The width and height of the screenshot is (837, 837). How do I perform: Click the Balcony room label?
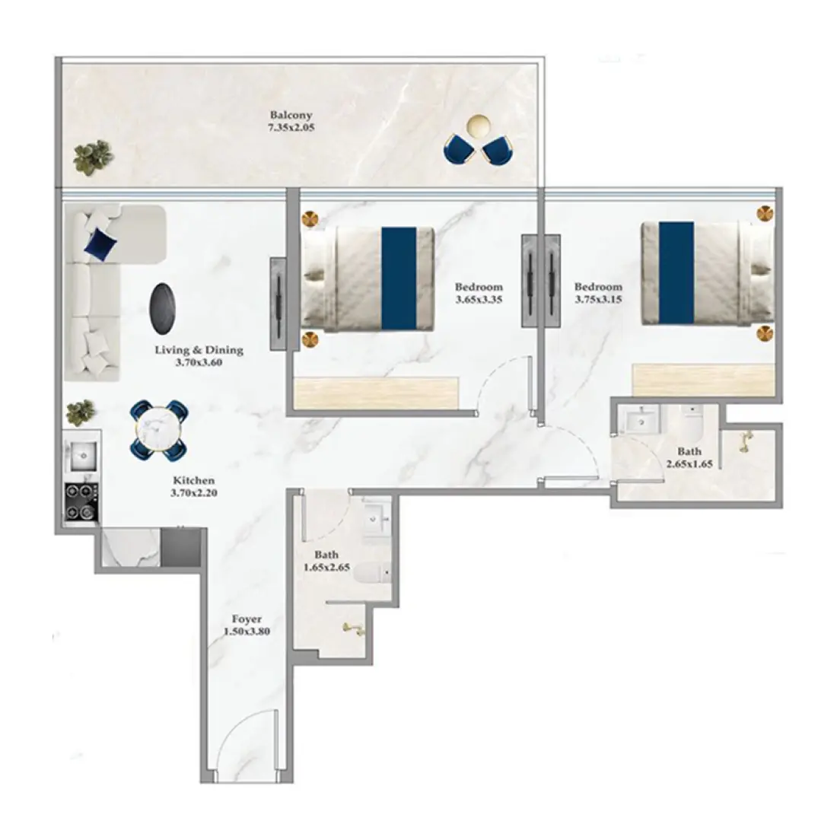tap(291, 115)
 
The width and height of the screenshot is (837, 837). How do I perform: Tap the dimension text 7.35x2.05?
tap(291, 128)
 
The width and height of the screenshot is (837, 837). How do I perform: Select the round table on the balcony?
tap(478, 126)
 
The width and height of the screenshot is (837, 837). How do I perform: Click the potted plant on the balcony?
tap(94, 157)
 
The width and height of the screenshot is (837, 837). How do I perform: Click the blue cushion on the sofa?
tap(100, 243)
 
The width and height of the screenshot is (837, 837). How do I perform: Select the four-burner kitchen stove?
tap(81, 501)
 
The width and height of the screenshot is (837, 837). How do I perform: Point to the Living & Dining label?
tap(199, 350)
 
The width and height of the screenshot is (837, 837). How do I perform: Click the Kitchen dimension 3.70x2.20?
tap(194, 493)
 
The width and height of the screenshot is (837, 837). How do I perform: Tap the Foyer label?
tap(247, 619)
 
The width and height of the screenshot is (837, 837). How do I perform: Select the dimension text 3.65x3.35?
tap(479, 300)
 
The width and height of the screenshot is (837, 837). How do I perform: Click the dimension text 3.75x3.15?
tap(598, 300)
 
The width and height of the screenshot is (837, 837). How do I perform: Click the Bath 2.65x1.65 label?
tap(689, 457)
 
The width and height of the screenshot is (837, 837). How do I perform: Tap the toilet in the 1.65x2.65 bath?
tap(372, 574)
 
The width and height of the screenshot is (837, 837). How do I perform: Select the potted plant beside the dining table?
tap(81, 412)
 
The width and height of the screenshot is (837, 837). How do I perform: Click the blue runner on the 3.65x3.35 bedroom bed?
tap(399, 278)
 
